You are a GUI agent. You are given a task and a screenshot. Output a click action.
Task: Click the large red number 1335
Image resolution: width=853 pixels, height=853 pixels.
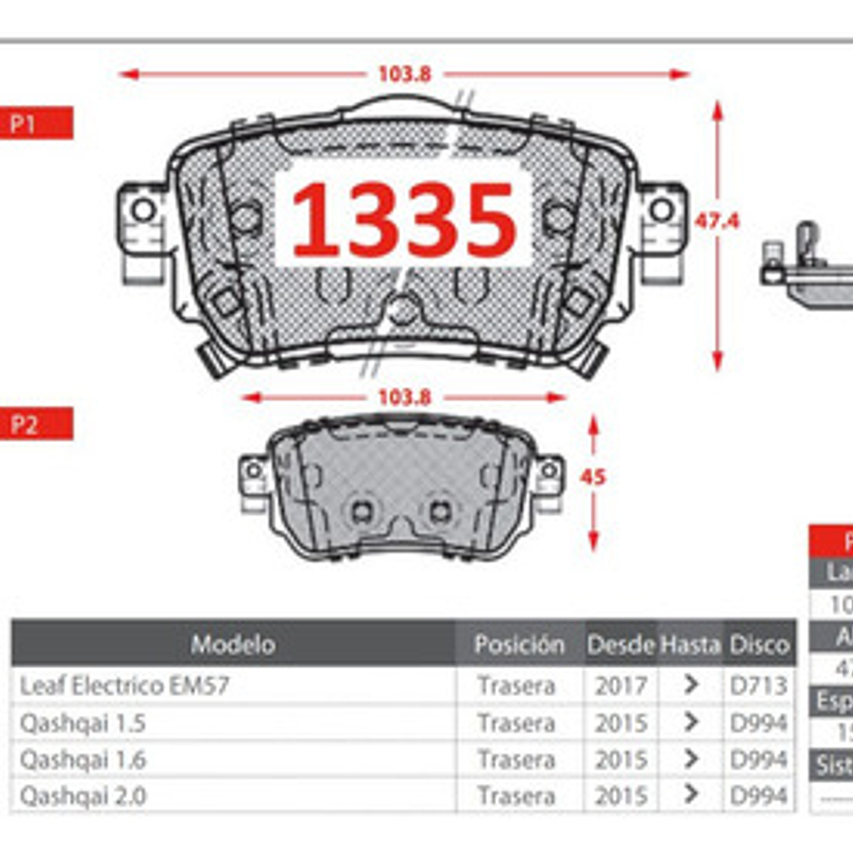click(x=403, y=220)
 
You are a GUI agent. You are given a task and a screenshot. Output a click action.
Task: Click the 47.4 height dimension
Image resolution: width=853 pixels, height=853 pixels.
click(x=716, y=221)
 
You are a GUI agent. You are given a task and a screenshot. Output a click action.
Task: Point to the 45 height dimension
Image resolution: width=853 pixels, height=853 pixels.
click(x=593, y=477)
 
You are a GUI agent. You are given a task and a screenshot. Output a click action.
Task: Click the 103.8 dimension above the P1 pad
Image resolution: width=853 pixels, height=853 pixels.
click(x=404, y=74)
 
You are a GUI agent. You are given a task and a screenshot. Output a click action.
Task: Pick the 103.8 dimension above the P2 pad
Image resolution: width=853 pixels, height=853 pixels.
click(x=404, y=397)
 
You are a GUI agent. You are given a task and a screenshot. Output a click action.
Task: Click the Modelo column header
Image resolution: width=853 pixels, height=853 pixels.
click(x=233, y=644)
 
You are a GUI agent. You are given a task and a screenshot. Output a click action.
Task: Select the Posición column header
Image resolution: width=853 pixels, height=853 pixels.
click(x=519, y=644)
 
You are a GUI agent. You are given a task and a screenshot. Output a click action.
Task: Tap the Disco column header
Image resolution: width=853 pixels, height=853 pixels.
click(x=759, y=644)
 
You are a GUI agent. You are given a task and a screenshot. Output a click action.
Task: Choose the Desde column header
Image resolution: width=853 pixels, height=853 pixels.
click(x=620, y=644)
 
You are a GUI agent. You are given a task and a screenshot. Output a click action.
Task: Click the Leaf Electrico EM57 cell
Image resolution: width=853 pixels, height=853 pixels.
click(x=124, y=685)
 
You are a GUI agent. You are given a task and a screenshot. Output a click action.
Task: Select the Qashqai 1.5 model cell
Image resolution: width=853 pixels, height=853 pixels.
click(x=82, y=723)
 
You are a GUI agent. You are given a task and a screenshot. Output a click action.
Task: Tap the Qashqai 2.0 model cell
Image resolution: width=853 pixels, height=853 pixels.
click(x=82, y=796)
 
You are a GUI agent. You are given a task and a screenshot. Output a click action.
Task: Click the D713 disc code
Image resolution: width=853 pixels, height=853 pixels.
click(x=759, y=685)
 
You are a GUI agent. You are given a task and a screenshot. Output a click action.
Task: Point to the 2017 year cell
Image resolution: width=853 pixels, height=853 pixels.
click(x=620, y=685)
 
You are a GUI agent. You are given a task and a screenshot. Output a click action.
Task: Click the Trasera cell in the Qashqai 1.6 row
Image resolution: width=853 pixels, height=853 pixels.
click(x=516, y=759)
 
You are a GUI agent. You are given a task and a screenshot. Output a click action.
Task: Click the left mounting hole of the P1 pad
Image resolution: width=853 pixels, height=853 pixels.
click(x=144, y=210)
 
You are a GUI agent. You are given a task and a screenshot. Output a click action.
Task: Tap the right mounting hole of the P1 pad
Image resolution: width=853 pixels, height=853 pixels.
click(x=661, y=210)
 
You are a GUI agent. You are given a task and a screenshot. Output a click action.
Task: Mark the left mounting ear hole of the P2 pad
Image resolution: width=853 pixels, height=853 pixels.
click(x=254, y=471)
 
